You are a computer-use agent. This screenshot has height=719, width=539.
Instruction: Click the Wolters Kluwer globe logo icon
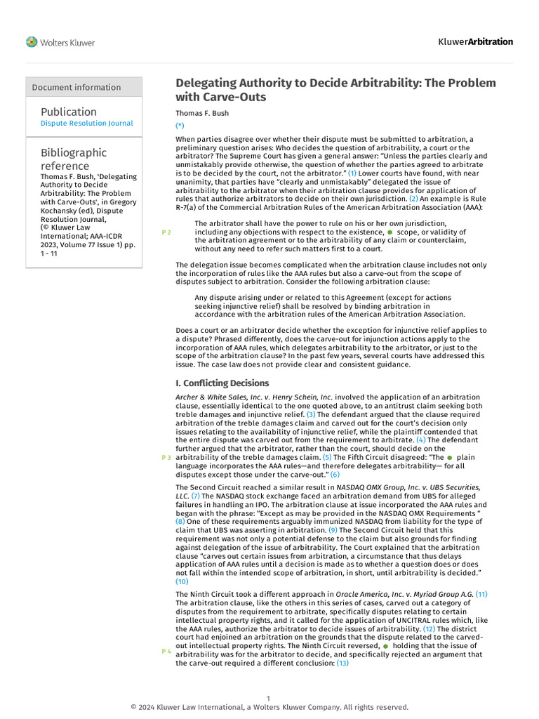pyautogui.click(x=32, y=42)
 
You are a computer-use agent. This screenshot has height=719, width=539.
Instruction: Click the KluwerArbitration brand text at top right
pyautogui.click(x=476, y=41)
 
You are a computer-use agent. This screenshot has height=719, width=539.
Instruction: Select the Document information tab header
pyautogui.click(x=76, y=87)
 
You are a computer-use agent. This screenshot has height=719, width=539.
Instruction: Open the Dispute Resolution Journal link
pyautogui.click(x=86, y=124)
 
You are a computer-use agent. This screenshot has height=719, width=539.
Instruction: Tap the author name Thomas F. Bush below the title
pyautogui.click(x=202, y=113)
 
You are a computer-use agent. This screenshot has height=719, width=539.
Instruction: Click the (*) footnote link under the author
pyautogui.click(x=180, y=125)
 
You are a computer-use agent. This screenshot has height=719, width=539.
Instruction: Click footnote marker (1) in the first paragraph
pyautogui.click(x=352, y=173)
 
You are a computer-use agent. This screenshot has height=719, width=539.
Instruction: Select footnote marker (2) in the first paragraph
pyautogui.click(x=413, y=199)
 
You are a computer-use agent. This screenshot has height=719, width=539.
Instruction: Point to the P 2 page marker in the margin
pyautogui.click(x=166, y=232)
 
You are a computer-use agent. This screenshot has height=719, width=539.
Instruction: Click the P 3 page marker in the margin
pyautogui.click(x=166, y=458)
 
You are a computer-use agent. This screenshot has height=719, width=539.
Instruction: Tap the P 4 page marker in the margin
pyautogui.click(x=166, y=652)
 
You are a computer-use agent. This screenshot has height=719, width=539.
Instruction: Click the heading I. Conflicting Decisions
pyautogui.click(x=222, y=383)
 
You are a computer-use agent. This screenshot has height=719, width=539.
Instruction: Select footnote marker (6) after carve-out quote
pyautogui.click(x=335, y=475)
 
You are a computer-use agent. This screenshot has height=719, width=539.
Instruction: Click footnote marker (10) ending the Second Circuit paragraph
pyautogui.click(x=182, y=581)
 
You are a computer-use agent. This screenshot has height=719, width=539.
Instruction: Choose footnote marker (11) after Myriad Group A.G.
pyautogui.click(x=481, y=594)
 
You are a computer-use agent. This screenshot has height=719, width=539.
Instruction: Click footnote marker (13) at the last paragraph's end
pyautogui.click(x=342, y=663)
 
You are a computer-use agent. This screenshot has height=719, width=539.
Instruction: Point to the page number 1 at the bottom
pyautogui.click(x=269, y=698)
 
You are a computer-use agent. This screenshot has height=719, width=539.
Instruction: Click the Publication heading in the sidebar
pyautogui.click(x=69, y=112)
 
